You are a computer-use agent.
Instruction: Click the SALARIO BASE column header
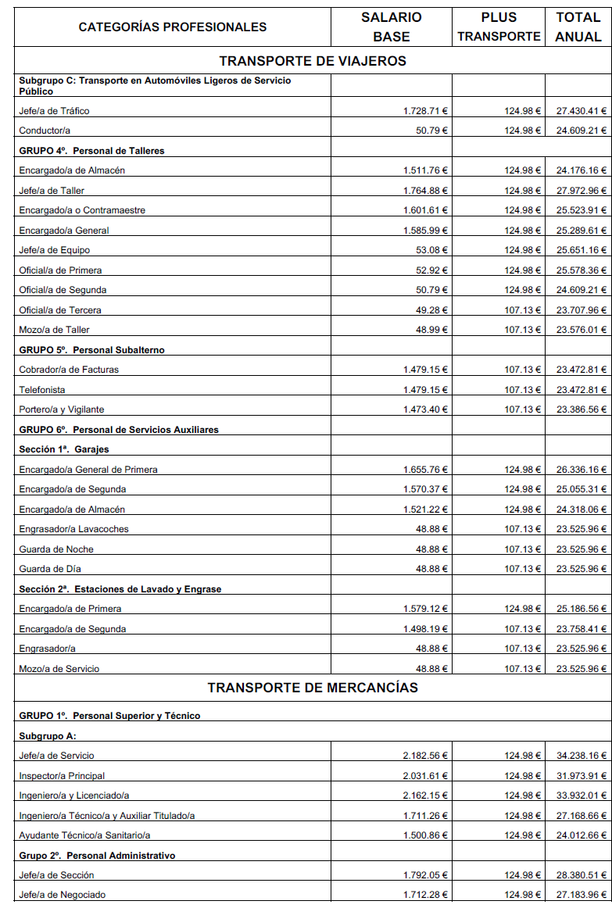pos(391,27)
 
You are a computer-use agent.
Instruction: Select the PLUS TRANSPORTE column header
pos(499,27)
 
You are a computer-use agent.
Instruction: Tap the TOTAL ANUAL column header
pos(578,27)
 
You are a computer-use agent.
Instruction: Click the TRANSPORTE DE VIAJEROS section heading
pos(313,61)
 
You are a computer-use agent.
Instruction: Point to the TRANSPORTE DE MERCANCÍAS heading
pos(313,688)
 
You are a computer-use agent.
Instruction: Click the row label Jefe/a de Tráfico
pos(54,111)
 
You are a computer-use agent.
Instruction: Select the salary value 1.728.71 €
pos(425,111)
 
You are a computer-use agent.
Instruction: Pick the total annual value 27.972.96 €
pos(581,191)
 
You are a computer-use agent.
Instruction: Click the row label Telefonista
pos(42,390)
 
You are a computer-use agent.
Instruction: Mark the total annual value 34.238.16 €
pos(581,756)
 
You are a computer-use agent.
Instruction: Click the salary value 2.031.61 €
pos(425,776)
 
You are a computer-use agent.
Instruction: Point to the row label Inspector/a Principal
pos(62,776)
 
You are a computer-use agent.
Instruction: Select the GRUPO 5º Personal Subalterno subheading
pos(91,350)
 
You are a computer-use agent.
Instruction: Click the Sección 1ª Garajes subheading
pos(64,449)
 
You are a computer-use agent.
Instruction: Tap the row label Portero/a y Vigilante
pos(62,409)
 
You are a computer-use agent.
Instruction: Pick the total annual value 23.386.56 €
pos(581,409)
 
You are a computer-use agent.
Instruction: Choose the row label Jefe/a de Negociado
pos(63,895)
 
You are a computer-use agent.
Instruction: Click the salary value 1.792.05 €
pos(425,875)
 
